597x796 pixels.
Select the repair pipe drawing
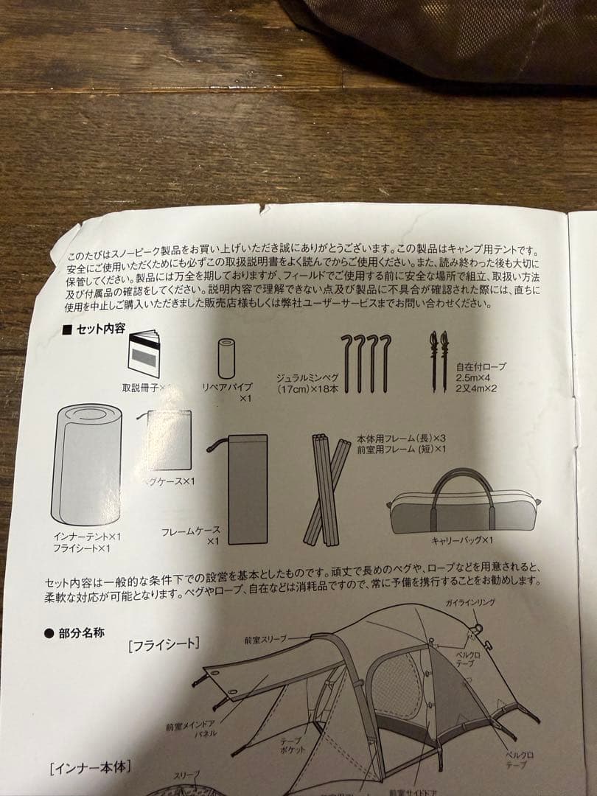click(x=226, y=358)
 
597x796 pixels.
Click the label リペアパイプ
click(x=227, y=387)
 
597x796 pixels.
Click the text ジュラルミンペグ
click(x=305, y=376)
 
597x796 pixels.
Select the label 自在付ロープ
click(x=481, y=366)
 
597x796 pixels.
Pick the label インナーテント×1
click(x=86, y=537)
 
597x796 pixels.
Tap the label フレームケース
click(x=190, y=530)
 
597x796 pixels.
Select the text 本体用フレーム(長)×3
click(x=401, y=437)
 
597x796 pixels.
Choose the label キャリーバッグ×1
click(x=462, y=540)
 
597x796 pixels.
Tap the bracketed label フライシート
click(x=164, y=644)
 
